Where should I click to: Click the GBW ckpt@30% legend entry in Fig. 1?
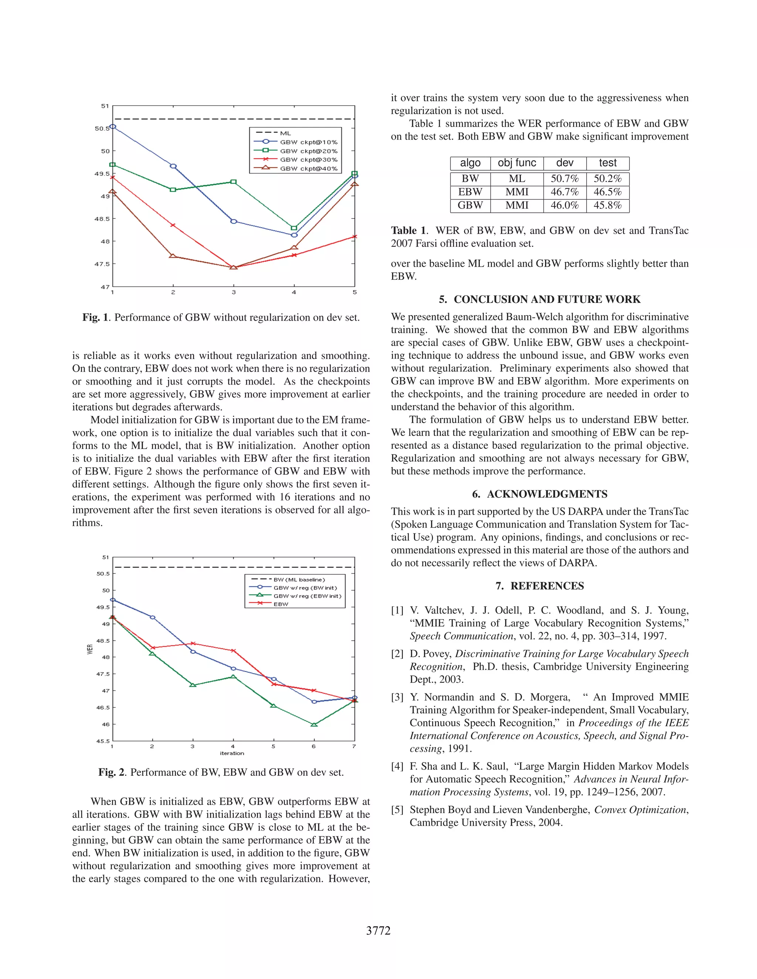[309, 160]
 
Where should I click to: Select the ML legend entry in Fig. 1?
[285, 133]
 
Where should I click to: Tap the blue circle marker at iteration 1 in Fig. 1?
[113, 126]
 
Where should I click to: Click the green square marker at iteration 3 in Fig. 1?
[234, 181]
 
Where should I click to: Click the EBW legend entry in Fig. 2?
[281, 604]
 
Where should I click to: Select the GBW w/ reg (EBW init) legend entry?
[307, 596]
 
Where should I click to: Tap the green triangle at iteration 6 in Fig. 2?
[314, 724]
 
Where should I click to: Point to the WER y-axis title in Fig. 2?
[90, 649]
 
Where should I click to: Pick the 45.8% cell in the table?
[607, 205]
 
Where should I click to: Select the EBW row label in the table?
[470, 192]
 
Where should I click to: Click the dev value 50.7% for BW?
[565, 178]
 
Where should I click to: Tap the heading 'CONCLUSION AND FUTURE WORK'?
[547, 300]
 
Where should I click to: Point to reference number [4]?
[397, 766]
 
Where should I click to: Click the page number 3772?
[378, 931]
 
